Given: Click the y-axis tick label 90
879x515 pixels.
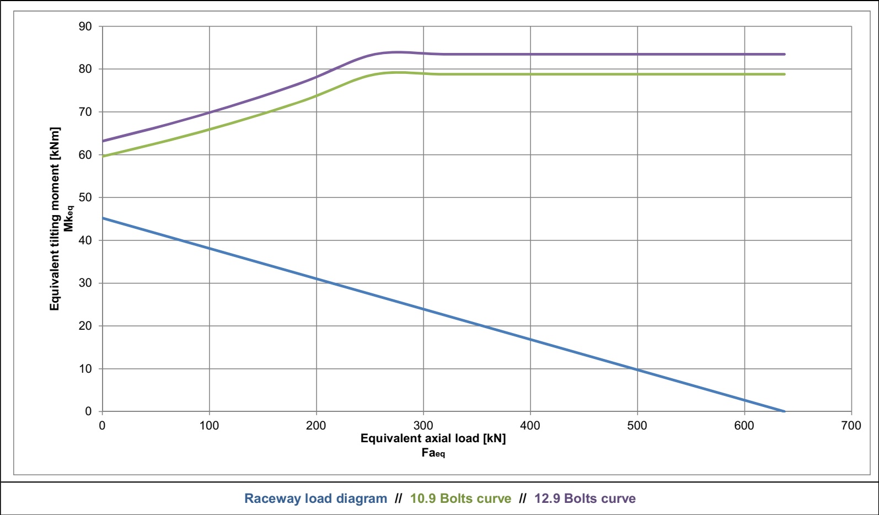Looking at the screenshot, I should pos(85,26).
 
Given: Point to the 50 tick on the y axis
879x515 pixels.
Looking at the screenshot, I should pos(85,197).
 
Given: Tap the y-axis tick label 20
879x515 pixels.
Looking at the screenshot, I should pos(85,326).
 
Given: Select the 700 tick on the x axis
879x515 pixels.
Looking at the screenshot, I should pos(851,425).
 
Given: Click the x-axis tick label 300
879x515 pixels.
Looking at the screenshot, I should pos(423,425).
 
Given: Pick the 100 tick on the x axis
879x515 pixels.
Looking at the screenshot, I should pos(209,425).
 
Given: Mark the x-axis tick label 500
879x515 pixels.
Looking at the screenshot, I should pos(637,425).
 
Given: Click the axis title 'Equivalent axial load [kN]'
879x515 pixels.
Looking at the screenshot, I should pos(433,438).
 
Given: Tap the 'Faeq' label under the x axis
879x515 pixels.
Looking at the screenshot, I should pos(433,453).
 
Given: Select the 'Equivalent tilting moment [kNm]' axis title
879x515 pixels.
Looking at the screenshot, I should pos(55,219).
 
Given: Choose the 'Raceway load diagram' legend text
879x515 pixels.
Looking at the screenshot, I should pos(315,498).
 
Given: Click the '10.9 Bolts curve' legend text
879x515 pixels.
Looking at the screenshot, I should pos(460,498).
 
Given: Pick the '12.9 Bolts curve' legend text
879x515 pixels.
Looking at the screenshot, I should pos(585,498).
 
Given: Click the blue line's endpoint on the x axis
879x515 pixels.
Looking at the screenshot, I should pos(784,411).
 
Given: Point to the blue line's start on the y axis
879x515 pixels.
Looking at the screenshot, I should pos(103,218).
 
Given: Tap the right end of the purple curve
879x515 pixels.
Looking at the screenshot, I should pos(784,54).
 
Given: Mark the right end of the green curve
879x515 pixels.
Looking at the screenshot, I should pos(784,74).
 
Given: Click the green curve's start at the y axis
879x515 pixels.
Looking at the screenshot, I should pos(103,156).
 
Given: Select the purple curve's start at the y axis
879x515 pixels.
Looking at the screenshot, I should pos(103,141).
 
